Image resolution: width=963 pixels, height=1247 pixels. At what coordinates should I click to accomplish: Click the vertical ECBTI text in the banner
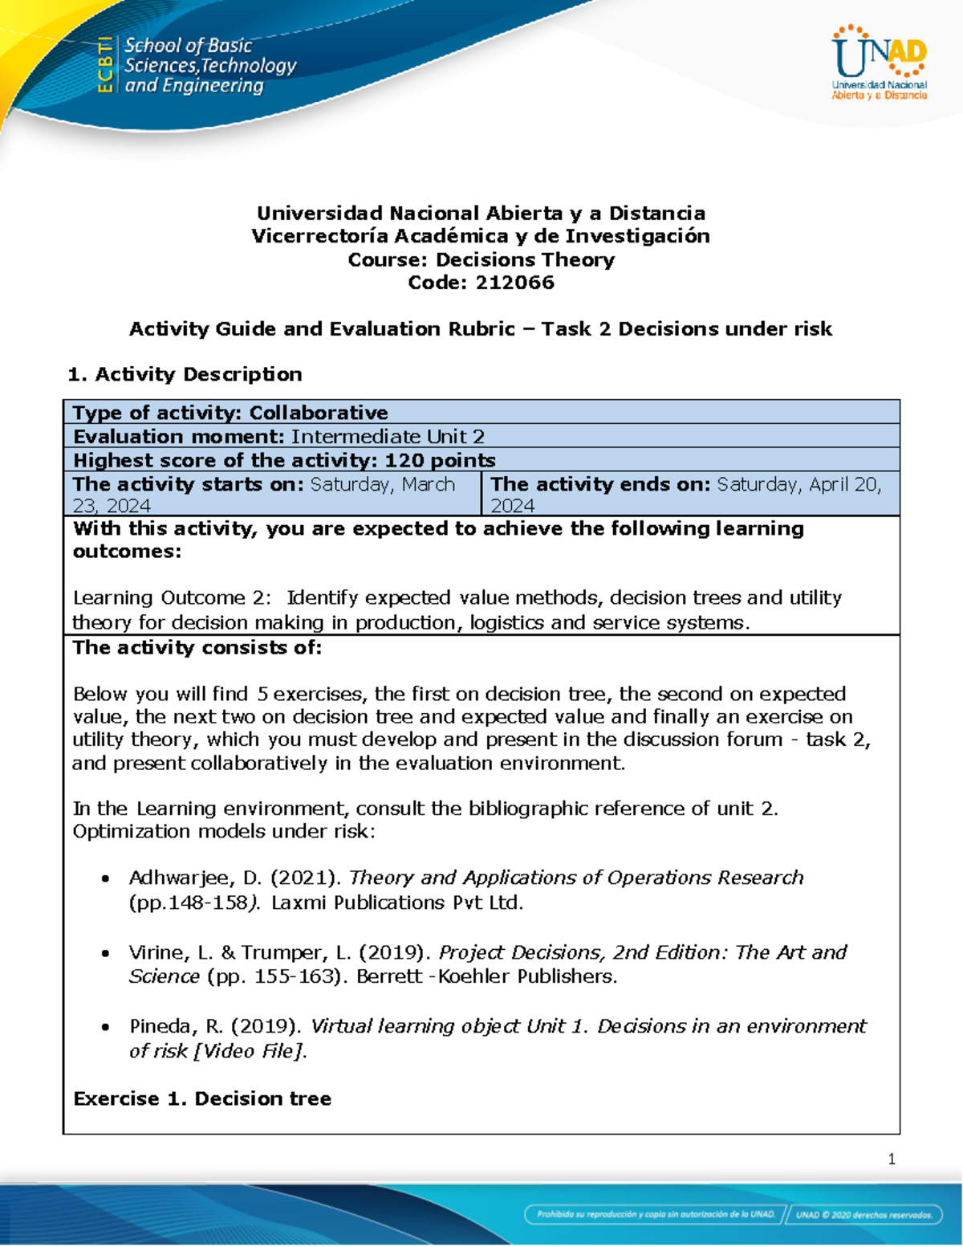104,64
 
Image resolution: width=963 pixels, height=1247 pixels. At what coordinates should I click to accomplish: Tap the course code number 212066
514,283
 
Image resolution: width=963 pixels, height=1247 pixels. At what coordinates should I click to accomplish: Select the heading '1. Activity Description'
185,374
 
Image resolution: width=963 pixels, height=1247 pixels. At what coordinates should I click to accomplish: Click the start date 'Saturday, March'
382,484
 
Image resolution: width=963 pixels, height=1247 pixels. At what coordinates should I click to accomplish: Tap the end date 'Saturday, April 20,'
798,484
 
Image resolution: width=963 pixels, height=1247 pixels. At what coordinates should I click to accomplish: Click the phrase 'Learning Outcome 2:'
172,598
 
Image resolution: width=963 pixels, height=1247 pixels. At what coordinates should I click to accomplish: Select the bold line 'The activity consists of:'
197,648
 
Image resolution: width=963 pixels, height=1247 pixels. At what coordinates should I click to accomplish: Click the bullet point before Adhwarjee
105,878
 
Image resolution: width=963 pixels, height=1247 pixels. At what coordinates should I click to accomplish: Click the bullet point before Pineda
105,1027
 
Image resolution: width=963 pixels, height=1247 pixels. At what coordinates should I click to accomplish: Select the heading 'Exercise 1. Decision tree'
202,1098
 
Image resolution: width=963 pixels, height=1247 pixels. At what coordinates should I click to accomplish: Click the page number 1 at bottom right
892,1159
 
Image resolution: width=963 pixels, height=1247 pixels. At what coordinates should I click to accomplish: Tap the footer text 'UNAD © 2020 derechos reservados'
863,1215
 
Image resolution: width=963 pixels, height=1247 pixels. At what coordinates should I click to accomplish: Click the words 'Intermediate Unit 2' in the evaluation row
388,437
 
